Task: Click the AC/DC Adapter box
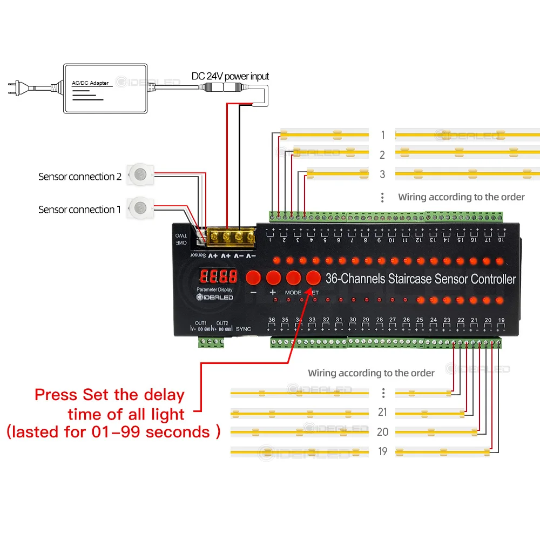pyautogui.click(x=105, y=89)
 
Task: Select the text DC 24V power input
pyautogui.click(x=230, y=76)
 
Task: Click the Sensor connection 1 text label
pyautogui.click(x=79, y=210)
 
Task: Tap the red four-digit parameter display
pyautogui.click(x=218, y=277)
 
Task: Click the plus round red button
pyautogui.click(x=273, y=278)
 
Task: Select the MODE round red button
pyautogui.click(x=293, y=278)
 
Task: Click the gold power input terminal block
pyautogui.click(x=232, y=236)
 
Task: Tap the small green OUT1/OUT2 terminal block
pyautogui.click(x=211, y=342)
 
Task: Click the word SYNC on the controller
pyautogui.click(x=244, y=328)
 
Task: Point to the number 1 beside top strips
pyautogui.click(x=382, y=135)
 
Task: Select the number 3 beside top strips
pyautogui.click(x=382, y=174)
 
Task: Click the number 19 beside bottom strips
pyautogui.click(x=382, y=451)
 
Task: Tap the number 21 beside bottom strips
pyautogui.click(x=382, y=413)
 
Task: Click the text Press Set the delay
pyautogui.click(x=110, y=395)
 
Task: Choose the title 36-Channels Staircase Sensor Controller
pyautogui.click(x=421, y=279)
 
